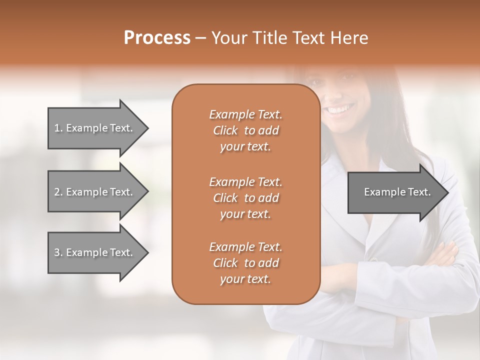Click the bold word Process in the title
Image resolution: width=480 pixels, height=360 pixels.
coord(157,38)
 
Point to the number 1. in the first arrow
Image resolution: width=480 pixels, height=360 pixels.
coord(58,128)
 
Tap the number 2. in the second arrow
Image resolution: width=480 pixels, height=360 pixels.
coord(58,192)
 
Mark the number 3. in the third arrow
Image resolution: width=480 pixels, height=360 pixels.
coord(58,252)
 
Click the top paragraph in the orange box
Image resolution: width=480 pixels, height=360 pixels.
coord(245,130)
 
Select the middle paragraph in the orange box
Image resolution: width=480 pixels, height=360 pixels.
coord(245,198)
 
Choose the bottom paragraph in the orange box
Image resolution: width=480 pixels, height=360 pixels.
coord(245,263)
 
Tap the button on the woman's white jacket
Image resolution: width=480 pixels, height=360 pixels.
coord(372,259)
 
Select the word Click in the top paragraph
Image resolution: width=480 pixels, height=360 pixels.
coord(225,130)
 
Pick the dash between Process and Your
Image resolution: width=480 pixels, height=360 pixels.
coord(200,38)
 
